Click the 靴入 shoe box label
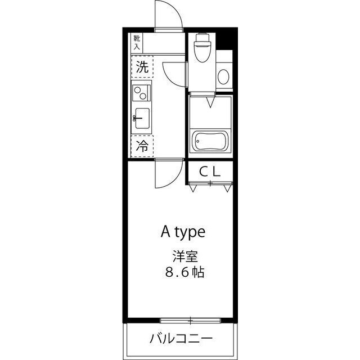tap(138, 42)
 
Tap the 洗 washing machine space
tap(143, 69)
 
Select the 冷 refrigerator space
tap(143, 147)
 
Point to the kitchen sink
tap(142, 118)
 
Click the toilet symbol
tap(201, 50)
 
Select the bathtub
tap(210, 142)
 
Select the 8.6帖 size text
tap(184, 274)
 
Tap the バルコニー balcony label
tap(181, 339)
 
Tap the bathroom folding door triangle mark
tap(210, 103)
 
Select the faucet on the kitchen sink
tap(136, 118)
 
